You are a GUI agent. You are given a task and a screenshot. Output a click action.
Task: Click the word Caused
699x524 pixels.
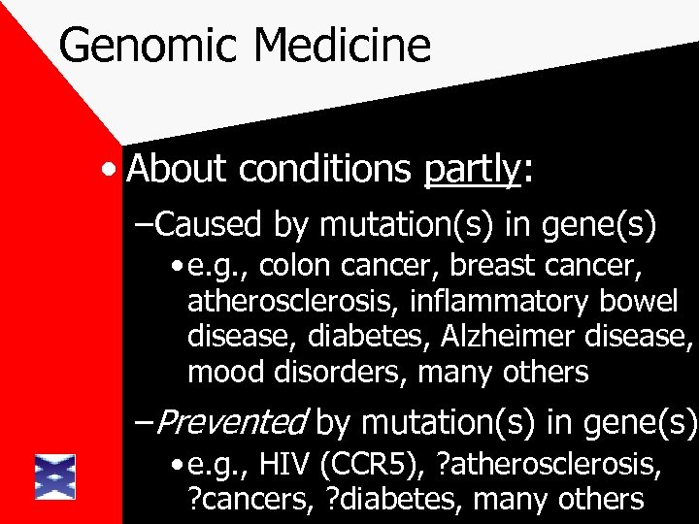point(211,226)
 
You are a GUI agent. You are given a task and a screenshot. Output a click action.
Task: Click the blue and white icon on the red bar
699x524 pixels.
point(54,475)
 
